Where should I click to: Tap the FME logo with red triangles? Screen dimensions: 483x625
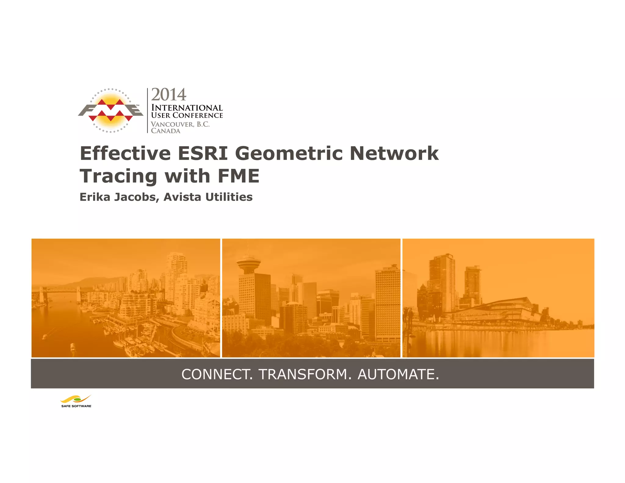pos(110,111)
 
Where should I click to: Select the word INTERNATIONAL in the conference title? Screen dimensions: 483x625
pos(187,108)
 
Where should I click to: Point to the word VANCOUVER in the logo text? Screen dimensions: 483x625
pos(172,124)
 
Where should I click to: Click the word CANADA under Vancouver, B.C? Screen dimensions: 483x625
pos(166,131)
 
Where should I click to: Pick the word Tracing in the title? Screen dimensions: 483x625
pos(118,176)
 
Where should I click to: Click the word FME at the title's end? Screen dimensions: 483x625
pos(238,176)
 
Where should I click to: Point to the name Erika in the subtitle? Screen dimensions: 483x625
pos(95,197)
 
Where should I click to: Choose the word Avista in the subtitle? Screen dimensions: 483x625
pos(182,197)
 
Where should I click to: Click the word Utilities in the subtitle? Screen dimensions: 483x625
pos(229,197)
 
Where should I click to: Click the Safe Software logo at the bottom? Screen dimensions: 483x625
pos(76,401)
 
